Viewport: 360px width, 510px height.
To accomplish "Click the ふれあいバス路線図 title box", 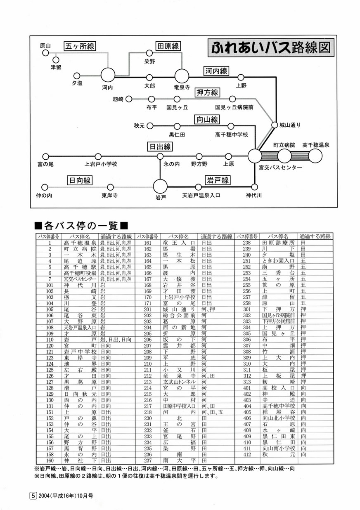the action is pyautogui.click(x=271, y=47).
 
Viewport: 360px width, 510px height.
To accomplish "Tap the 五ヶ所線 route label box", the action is pyautogui.click(x=79, y=46).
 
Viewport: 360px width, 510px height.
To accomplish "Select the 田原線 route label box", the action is pyautogui.click(x=168, y=46).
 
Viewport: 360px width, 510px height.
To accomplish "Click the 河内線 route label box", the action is pyautogui.click(x=216, y=71).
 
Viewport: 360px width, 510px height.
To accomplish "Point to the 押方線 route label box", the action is pyautogui.click(x=207, y=92).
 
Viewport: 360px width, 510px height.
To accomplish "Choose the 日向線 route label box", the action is pyautogui.click(x=80, y=180).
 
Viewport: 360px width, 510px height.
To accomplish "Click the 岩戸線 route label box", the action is pyautogui.click(x=218, y=180).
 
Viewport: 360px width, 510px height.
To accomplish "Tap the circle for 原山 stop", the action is pyautogui.click(x=45, y=53).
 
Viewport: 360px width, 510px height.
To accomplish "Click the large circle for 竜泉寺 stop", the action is pyautogui.click(x=182, y=76).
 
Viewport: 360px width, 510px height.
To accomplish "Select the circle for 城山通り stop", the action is pyautogui.click(x=275, y=125).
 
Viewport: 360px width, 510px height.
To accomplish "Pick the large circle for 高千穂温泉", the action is pyautogui.click(x=315, y=156).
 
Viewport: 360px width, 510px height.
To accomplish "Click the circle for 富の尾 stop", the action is pyautogui.click(x=45, y=157).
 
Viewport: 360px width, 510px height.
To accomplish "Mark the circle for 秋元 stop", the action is pyautogui.click(x=150, y=126).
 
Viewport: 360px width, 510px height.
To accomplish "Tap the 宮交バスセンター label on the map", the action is pyautogui.click(x=280, y=168).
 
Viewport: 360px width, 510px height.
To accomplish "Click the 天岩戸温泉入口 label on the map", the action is pyautogui.click(x=201, y=195).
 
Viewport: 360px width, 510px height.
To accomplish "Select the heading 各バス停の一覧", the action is pyautogui.click(x=81, y=226).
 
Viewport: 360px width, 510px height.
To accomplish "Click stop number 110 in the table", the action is pyautogui.click(x=50, y=340).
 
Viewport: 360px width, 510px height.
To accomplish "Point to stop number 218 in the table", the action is pyautogui.click(x=148, y=412).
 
